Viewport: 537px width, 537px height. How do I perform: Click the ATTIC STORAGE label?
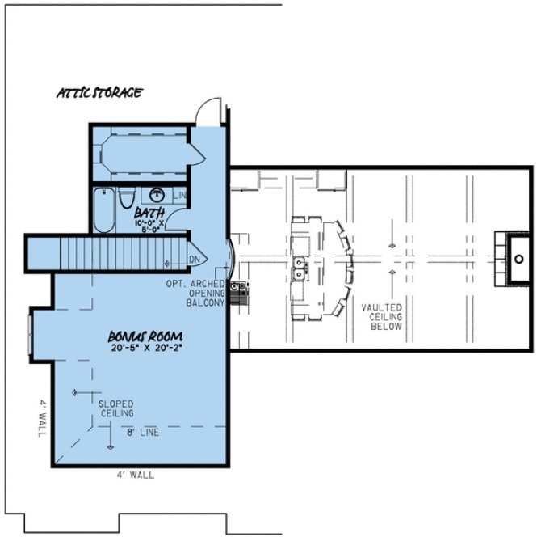tap(99, 92)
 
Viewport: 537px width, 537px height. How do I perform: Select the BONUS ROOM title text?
tap(145, 336)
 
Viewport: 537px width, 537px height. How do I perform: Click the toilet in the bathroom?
tap(126, 198)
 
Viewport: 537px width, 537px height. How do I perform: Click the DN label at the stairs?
tap(194, 260)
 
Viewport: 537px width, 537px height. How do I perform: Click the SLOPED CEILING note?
tap(116, 408)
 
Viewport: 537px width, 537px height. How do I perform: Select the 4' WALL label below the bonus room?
tap(135, 476)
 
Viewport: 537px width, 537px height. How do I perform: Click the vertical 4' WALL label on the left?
tap(42, 416)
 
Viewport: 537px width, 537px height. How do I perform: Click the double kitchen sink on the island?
tap(300, 268)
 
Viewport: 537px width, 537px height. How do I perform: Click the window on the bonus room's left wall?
tap(31, 333)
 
